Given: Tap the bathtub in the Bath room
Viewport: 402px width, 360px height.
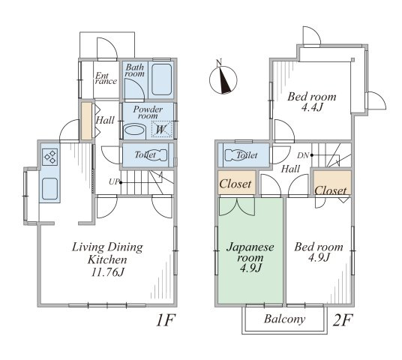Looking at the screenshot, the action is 161,79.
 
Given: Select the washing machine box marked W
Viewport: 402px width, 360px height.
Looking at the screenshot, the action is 161,129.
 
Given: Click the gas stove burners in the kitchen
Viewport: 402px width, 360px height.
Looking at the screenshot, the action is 50,157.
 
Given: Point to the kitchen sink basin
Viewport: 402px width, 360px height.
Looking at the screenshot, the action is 49,188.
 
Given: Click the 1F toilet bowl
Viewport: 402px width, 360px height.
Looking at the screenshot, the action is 157,154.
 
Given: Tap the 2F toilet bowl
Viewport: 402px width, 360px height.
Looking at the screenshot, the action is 235,154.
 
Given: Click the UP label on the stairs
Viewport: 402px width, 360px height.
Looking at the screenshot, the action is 114,181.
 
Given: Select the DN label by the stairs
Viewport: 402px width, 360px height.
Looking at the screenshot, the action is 303,155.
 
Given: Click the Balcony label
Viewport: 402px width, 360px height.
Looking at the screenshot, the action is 284,319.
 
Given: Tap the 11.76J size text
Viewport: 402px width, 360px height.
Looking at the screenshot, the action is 108,272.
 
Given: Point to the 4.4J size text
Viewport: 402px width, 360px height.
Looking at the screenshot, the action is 311,108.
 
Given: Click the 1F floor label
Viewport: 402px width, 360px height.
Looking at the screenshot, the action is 165,320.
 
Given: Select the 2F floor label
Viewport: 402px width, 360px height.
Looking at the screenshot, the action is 343,320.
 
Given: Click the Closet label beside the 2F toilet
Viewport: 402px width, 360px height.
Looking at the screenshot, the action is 235,184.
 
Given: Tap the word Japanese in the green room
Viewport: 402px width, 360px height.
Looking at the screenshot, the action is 250,247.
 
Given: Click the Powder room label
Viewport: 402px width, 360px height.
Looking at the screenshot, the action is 148,112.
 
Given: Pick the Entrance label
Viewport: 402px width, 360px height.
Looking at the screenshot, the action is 106,79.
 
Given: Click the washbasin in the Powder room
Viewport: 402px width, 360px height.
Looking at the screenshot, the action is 134,130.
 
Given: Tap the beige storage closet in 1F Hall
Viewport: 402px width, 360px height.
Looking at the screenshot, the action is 87,121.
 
